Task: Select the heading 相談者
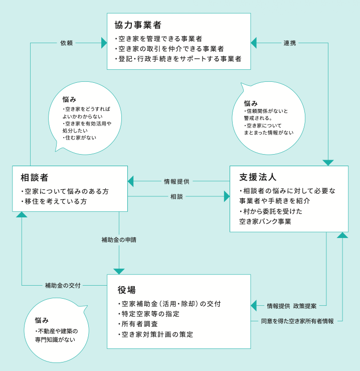pyautogui.click(x=35, y=178)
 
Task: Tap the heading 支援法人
pyautogui.click(x=258, y=177)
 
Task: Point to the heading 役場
pyautogui.click(x=127, y=290)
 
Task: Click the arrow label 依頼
pyautogui.click(x=66, y=43)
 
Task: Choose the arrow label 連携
pyautogui.click(x=290, y=43)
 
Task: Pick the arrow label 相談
pyautogui.click(x=176, y=197)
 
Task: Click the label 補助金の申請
pyautogui.click(x=119, y=240)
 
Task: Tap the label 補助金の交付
pyautogui.click(x=63, y=286)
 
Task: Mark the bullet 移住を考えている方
pyautogui.click(x=56, y=202)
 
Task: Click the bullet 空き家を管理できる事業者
pyautogui.click(x=160, y=38)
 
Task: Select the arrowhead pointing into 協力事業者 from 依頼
pyautogui.click(x=104, y=43)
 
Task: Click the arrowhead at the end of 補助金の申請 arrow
pyautogui.click(x=119, y=271)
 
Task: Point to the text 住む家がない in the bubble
pyautogui.click(x=81, y=138)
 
